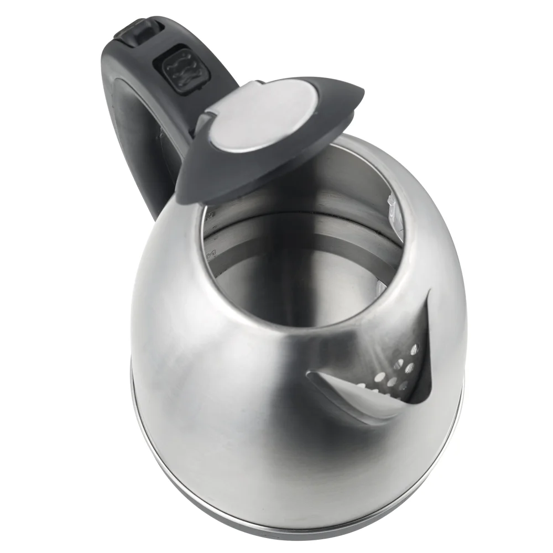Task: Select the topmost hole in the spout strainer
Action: click(x=415, y=349)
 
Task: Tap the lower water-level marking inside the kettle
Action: click(x=211, y=253)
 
